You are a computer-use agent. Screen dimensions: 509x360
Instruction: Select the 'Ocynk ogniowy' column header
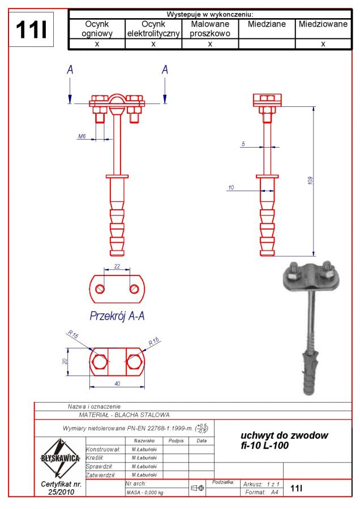97,29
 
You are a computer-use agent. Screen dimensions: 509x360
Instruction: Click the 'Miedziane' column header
267,25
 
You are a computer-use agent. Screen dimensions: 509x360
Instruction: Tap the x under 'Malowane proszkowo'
209,44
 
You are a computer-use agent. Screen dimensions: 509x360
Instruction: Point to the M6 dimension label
82,136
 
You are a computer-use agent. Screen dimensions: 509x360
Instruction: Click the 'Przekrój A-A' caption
117,316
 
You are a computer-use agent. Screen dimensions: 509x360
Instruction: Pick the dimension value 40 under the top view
117,383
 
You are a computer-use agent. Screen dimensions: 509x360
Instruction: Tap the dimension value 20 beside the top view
65,361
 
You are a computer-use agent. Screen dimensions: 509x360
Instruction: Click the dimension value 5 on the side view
243,144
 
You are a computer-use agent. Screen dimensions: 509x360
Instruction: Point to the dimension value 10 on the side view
231,187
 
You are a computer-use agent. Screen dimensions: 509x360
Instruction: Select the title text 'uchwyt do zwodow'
284,435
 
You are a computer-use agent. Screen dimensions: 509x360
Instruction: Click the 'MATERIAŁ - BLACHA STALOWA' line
125,415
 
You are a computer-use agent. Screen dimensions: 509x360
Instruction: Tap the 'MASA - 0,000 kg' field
145,492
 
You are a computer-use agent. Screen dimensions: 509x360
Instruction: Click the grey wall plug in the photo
311,368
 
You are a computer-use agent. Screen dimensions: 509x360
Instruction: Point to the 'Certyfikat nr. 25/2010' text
61,488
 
